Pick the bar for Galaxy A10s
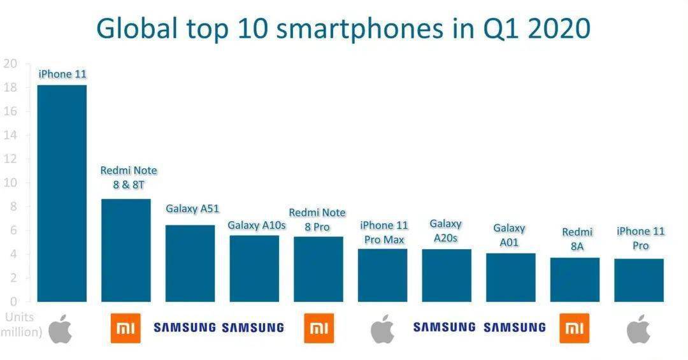254,268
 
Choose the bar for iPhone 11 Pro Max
382,275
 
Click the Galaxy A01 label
509,234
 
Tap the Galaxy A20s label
445,230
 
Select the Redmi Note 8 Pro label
317,219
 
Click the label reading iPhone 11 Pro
640,238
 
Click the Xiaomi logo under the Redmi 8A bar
575,328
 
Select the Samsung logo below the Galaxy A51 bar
185,328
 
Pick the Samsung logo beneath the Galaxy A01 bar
515,328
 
